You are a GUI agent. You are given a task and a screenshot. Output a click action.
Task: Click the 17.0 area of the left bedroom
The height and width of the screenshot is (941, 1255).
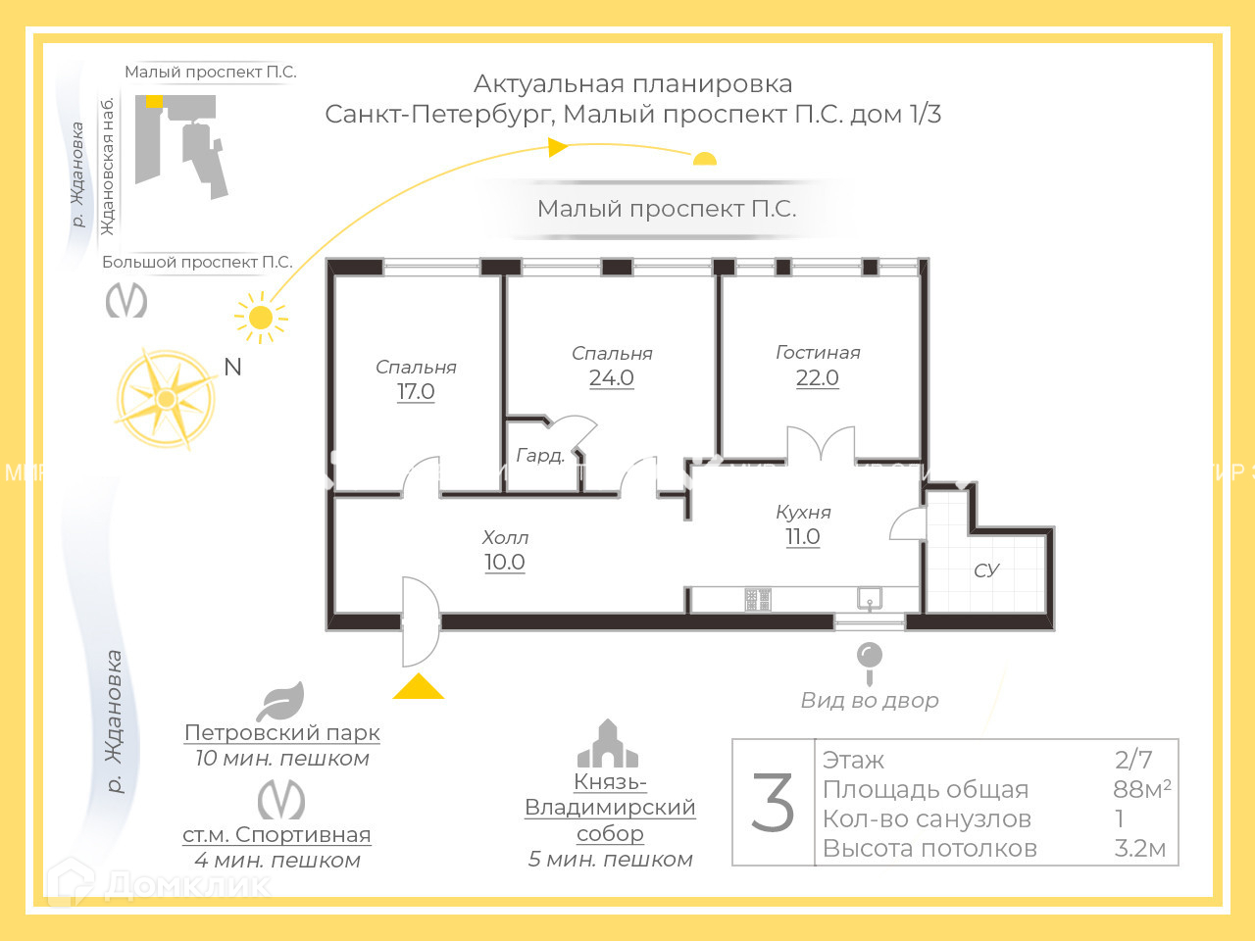(x=416, y=391)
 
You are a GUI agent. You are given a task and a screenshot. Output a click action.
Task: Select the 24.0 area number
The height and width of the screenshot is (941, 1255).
(x=611, y=378)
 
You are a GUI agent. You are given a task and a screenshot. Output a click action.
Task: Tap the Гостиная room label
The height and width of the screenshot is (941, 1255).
(x=818, y=352)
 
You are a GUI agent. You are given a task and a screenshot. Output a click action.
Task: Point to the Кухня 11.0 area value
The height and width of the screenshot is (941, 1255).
(x=802, y=537)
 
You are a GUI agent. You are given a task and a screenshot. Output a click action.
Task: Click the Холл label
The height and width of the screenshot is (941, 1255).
(x=505, y=537)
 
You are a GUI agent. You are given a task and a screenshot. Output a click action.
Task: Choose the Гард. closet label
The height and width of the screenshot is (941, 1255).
(x=540, y=455)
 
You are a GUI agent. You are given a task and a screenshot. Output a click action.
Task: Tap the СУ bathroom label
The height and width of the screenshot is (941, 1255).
(x=986, y=570)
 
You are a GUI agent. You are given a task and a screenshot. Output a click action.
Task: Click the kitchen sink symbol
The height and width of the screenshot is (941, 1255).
(x=870, y=598)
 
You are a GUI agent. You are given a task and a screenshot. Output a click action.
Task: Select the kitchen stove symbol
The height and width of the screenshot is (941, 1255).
(x=757, y=599)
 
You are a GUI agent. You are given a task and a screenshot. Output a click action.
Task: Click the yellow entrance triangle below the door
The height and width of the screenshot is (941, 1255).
(x=419, y=688)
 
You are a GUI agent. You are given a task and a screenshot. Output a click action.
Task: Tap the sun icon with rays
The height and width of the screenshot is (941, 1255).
(x=261, y=318)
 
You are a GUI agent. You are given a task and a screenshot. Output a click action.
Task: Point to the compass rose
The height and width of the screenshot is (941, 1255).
(x=166, y=399)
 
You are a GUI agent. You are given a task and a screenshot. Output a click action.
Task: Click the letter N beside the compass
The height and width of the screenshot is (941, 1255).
(x=232, y=367)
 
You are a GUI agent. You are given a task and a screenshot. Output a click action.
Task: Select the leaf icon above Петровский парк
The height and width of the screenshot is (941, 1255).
(x=280, y=702)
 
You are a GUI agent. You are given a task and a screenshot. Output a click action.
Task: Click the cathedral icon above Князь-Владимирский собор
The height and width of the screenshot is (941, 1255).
(x=608, y=745)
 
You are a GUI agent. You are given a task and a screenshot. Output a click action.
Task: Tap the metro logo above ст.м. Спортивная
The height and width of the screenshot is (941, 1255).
(x=281, y=800)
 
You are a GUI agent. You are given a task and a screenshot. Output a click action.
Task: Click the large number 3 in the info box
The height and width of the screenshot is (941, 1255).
(x=773, y=803)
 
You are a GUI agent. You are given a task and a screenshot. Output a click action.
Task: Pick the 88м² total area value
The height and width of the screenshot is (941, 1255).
(x=1141, y=789)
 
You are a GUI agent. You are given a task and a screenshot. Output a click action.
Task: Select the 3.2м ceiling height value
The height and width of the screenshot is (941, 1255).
(x=1139, y=848)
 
